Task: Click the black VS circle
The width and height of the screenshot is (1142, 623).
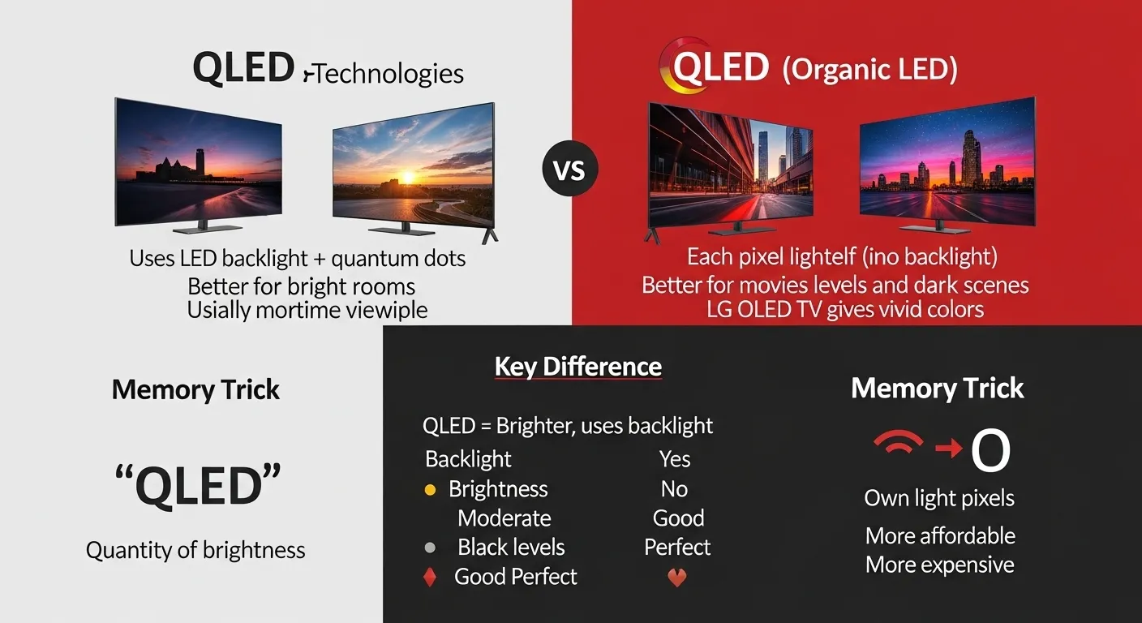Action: pyautogui.click(x=569, y=171)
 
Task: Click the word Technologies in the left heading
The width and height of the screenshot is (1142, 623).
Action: pyautogui.click(x=389, y=74)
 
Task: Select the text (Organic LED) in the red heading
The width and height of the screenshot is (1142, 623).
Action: pyautogui.click(x=869, y=70)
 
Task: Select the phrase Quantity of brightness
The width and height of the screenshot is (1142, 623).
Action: pyautogui.click(x=195, y=550)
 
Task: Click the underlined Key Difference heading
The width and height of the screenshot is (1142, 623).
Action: pyautogui.click(x=578, y=367)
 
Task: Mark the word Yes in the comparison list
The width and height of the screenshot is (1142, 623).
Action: pyautogui.click(x=675, y=459)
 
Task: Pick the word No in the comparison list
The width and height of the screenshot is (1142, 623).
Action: pyautogui.click(x=674, y=489)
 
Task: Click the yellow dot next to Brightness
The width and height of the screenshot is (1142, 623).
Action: pyautogui.click(x=431, y=490)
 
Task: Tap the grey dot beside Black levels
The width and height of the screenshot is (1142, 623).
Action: pyautogui.click(x=431, y=548)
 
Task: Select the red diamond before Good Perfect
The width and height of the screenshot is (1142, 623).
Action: pyautogui.click(x=431, y=578)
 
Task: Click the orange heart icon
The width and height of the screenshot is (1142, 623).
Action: pyautogui.click(x=676, y=578)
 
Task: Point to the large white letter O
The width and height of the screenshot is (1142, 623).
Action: pyautogui.click(x=990, y=452)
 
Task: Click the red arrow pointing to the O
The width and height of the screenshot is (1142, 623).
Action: pyautogui.click(x=948, y=448)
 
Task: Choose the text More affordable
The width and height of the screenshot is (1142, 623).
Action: pyautogui.click(x=940, y=536)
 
